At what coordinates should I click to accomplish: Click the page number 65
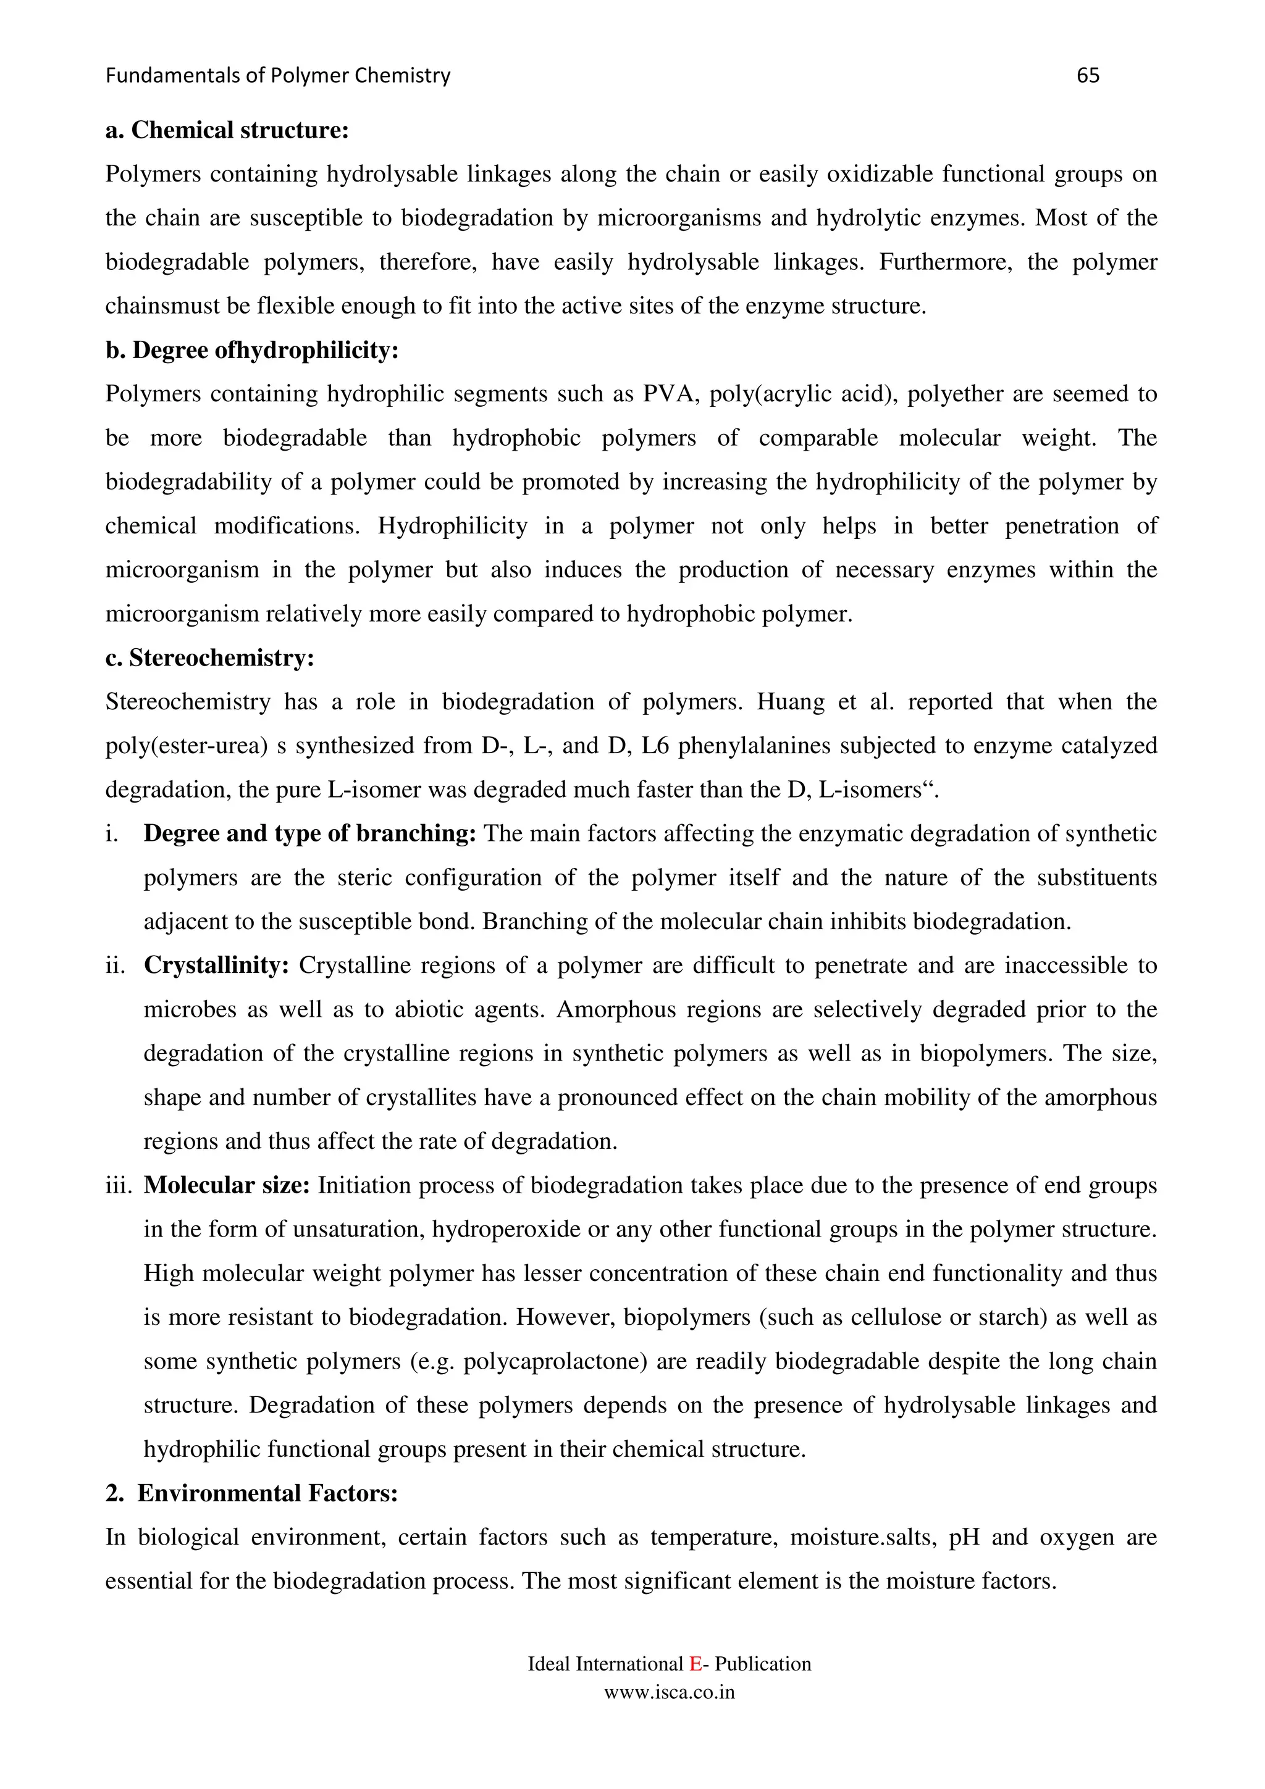[x=1087, y=75]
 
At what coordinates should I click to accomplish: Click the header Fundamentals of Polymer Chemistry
[x=277, y=75]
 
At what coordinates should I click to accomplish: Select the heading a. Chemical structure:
[x=227, y=130]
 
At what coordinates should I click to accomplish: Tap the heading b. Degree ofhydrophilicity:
[x=252, y=351]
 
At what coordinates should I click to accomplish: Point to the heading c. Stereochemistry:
[x=209, y=659]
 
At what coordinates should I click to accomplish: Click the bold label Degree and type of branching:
[x=309, y=834]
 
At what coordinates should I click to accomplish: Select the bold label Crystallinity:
[x=217, y=966]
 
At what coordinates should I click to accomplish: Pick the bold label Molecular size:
[x=227, y=1186]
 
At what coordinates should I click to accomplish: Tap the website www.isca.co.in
[x=670, y=1692]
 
